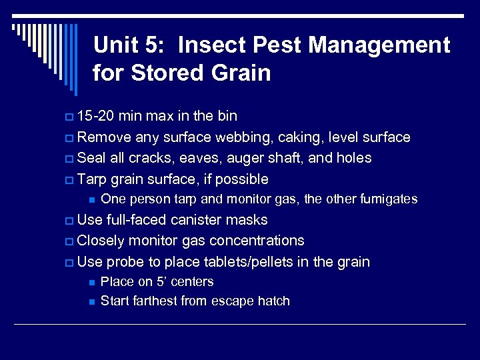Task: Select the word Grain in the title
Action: (240, 73)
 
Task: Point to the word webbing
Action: (222, 137)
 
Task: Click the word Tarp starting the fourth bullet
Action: (91, 179)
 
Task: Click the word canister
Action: (201, 220)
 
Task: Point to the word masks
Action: (248, 220)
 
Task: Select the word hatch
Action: (274, 301)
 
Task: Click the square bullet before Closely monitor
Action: (71, 241)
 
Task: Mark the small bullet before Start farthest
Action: (91, 301)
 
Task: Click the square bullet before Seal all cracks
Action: (71, 159)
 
